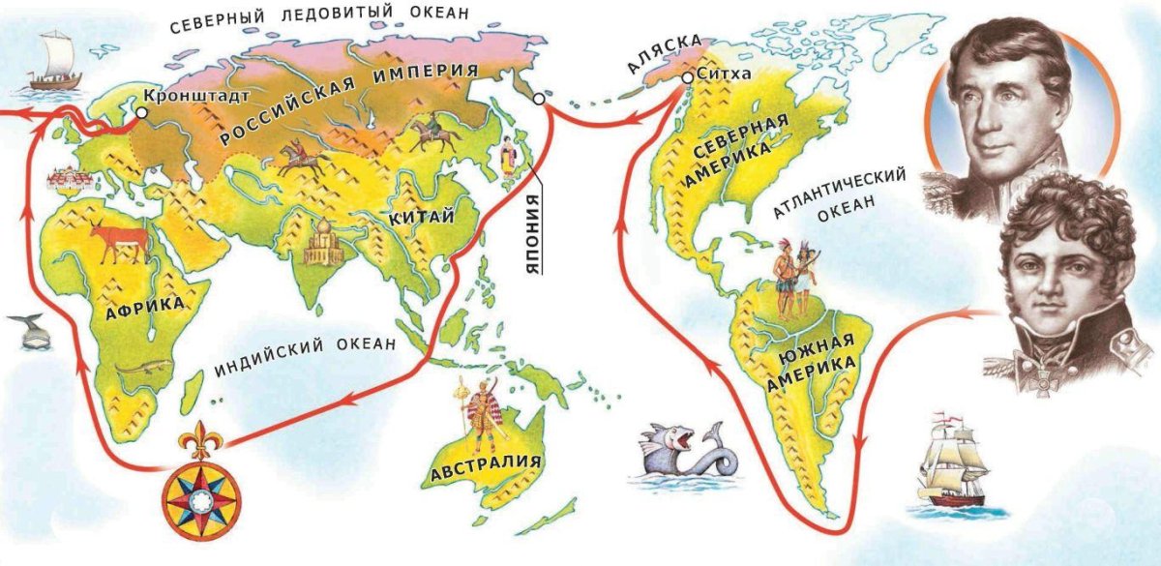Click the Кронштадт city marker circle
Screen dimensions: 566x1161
point(142,112)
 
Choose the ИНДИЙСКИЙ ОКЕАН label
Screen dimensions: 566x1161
point(306,344)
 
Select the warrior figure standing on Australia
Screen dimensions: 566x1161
point(480,416)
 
